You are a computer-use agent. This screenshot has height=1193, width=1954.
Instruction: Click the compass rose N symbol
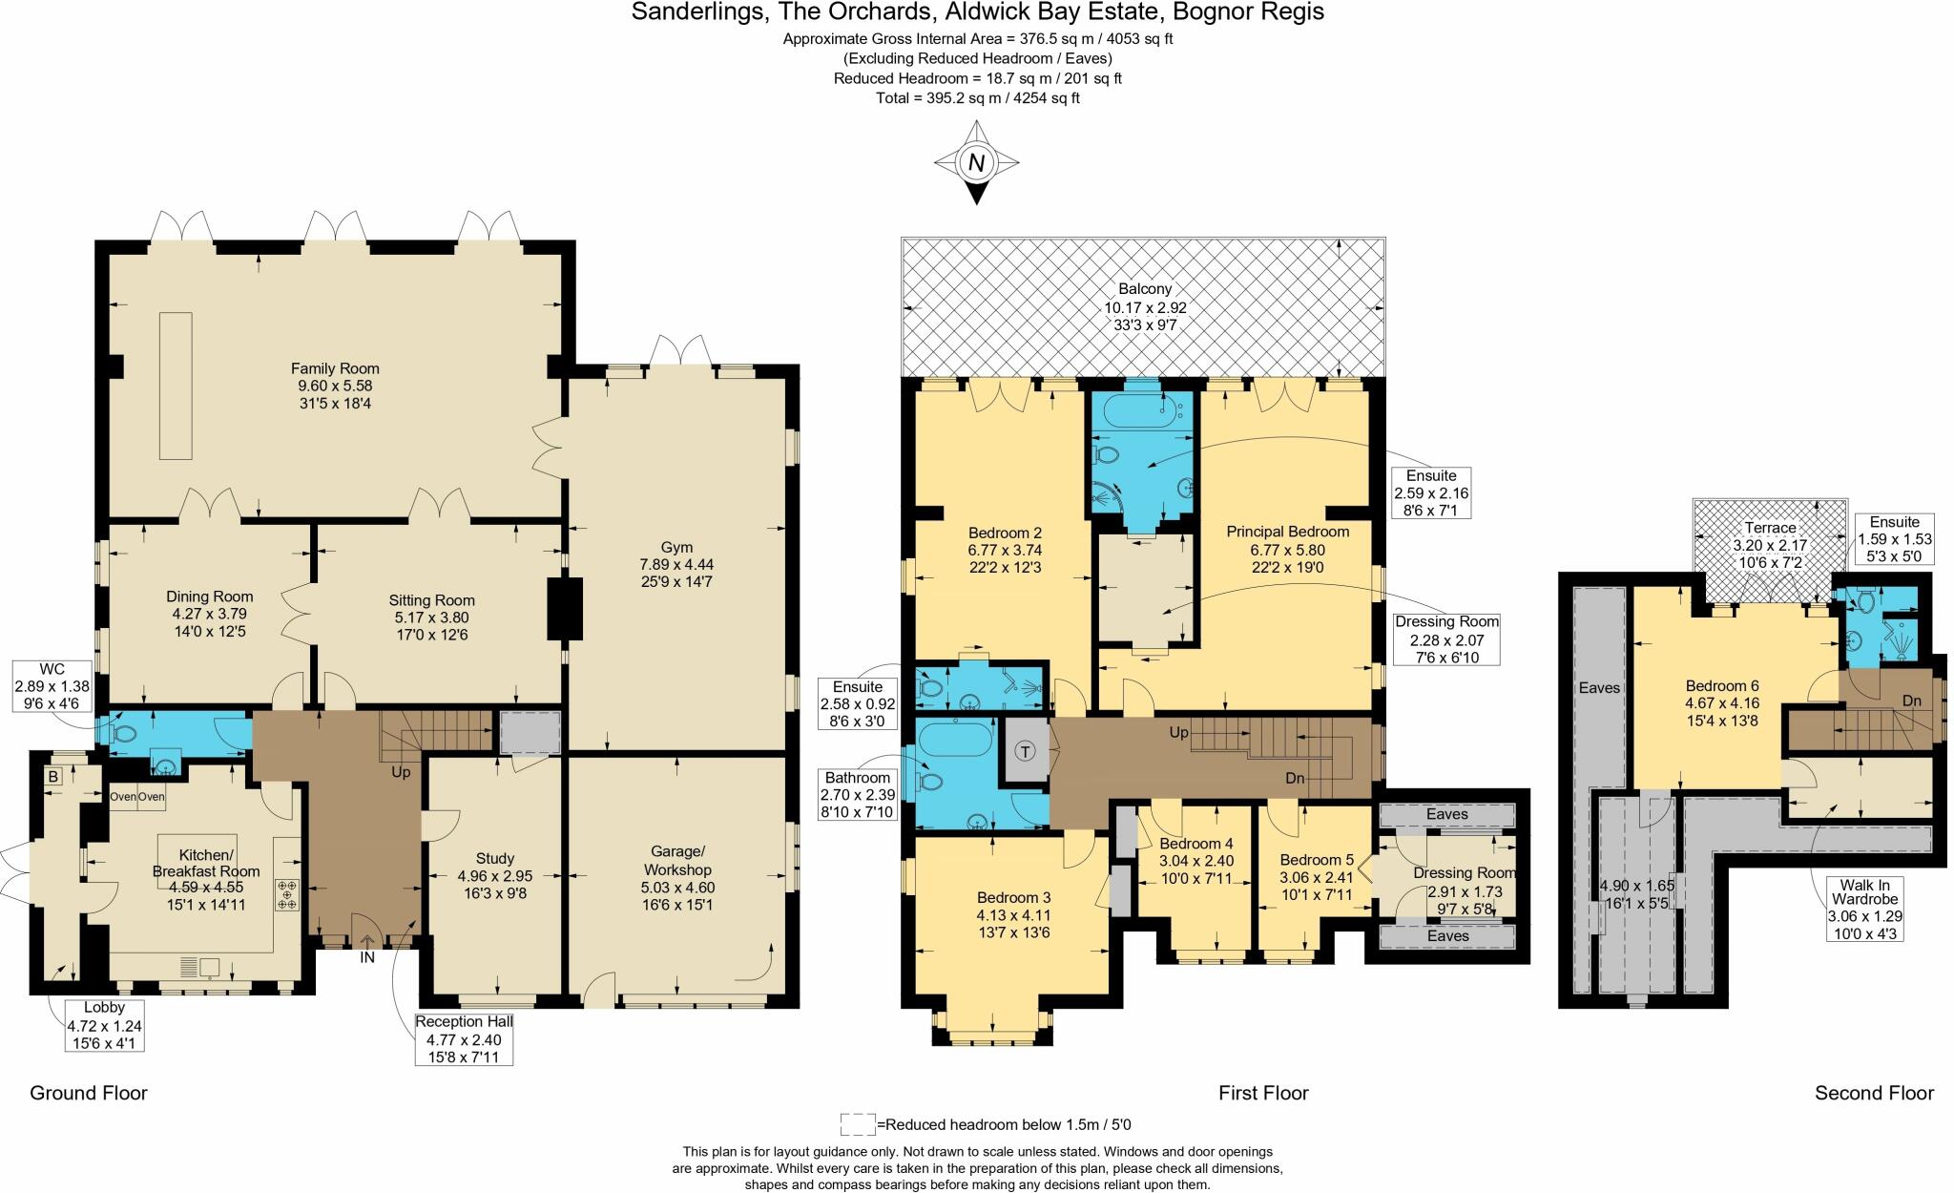pos(975,163)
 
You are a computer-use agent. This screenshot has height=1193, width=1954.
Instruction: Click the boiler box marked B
pos(53,777)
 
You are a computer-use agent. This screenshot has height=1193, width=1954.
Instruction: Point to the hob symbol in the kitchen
pos(287,894)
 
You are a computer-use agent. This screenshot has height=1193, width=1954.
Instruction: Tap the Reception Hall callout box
pos(464,1038)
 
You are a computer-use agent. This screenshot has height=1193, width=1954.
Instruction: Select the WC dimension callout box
pos(52,685)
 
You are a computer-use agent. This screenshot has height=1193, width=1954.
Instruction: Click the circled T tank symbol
pos(1026,751)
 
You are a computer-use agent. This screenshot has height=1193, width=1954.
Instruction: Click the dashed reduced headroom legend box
pos(857,1124)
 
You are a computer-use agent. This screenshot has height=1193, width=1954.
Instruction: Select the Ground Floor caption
pos(89,1093)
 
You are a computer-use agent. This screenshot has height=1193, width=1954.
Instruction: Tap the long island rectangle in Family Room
pos(176,385)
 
